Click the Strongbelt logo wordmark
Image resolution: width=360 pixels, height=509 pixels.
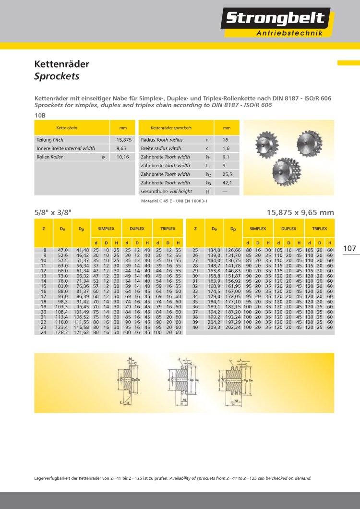(x=275, y=19)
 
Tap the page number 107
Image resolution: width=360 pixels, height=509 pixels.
(x=350, y=248)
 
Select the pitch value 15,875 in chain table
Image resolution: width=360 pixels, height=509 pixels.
(x=123, y=140)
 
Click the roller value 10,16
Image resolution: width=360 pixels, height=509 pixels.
(x=123, y=157)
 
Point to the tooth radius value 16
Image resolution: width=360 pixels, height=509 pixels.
(x=225, y=140)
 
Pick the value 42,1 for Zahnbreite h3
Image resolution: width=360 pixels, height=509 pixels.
(x=227, y=183)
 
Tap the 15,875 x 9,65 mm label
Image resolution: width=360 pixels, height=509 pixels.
(x=300, y=212)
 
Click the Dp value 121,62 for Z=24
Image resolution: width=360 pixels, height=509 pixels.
(x=83, y=332)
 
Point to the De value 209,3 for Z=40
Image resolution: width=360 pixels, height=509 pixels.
(x=214, y=327)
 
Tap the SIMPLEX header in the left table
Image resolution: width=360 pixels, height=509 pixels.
(x=106, y=229)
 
